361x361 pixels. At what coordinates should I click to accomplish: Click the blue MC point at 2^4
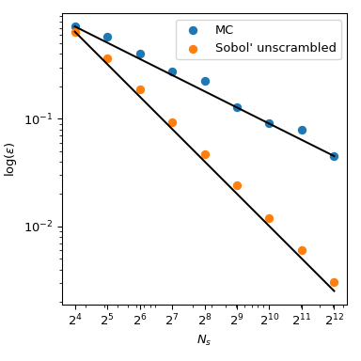point(75,27)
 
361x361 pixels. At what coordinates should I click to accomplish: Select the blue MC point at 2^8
point(205,81)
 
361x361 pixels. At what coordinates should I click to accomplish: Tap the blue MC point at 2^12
point(334,156)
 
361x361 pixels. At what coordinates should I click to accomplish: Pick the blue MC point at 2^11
point(302,130)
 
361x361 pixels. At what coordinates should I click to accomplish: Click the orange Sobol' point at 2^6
point(140,90)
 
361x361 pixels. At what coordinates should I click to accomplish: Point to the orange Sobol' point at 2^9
point(237,185)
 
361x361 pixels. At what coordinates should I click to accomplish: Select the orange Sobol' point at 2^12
point(334,282)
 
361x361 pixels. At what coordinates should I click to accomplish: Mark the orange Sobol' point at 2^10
point(269,218)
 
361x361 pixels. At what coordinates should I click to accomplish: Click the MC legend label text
point(224,30)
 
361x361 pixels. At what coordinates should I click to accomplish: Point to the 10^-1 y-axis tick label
point(43,119)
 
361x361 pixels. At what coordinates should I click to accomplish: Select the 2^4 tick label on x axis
point(75,321)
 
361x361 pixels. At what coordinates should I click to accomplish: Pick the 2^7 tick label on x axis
point(172,321)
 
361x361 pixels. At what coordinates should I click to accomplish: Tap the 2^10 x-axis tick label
point(269,321)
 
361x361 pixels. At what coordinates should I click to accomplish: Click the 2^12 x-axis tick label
point(334,321)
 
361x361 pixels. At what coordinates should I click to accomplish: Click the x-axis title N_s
point(204,340)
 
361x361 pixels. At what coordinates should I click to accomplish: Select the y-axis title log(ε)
point(11,158)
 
